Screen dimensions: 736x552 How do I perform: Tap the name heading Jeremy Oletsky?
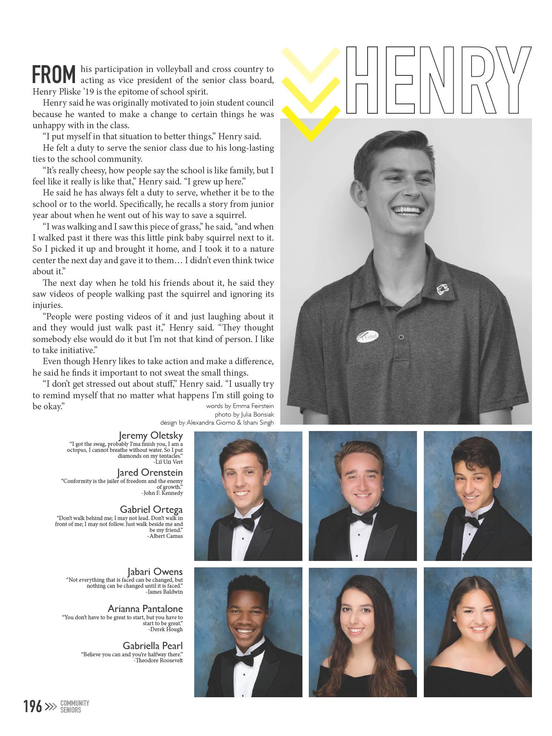(151, 435)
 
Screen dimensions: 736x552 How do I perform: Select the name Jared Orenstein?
(150, 472)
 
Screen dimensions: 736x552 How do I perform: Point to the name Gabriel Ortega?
(151, 509)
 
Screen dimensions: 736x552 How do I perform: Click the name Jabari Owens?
(155, 572)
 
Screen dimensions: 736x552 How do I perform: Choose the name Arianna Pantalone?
(145, 609)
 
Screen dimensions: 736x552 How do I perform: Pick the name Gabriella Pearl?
(152, 646)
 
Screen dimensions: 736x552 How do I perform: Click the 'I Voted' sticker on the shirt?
(368, 336)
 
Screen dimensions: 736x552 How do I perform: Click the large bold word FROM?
(54, 75)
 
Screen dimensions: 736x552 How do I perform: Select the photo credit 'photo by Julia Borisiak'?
(244, 414)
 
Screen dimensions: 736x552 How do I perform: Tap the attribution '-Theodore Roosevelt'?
(158, 660)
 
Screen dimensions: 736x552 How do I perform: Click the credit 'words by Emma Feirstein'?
(240, 406)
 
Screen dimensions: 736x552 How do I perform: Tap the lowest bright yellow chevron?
(311, 124)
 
